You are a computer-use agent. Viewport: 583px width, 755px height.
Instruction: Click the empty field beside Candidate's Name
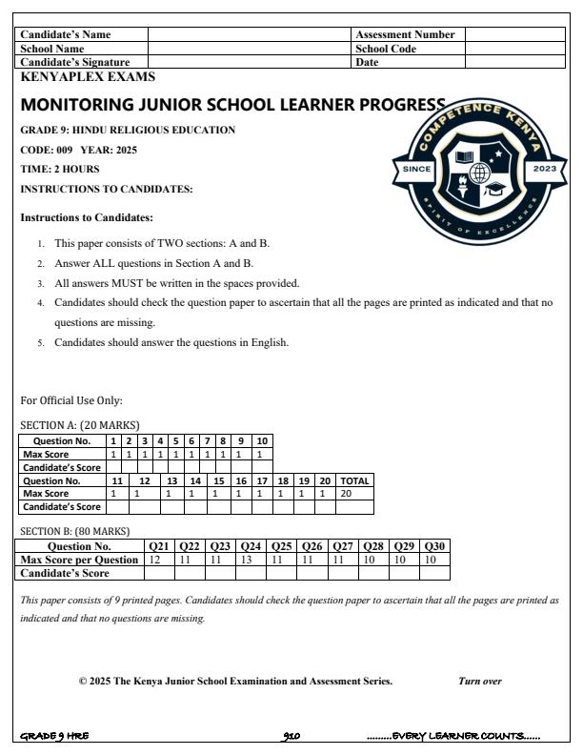pos(250,34)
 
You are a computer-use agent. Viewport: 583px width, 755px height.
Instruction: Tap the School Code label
pos(386,49)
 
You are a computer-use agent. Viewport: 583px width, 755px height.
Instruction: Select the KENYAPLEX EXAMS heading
pos(88,77)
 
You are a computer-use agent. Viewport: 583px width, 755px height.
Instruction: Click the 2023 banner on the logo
pos(544,169)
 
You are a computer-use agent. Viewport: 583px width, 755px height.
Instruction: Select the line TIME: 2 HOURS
pos(60,169)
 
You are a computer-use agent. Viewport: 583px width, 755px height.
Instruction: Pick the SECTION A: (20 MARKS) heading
pos(80,424)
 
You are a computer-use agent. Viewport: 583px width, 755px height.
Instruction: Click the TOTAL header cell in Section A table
pos(354,481)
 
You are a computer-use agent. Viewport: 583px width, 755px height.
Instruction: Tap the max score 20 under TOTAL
pos(347,494)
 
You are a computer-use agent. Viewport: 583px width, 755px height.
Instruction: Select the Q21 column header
pos(159,546)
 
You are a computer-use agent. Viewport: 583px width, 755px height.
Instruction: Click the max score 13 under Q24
pos(251,560)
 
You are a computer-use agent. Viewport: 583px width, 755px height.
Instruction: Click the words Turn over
pos(480,682)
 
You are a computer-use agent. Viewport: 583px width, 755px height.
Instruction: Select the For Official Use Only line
pos(71,400)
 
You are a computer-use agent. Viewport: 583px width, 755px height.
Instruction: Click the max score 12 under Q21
pos(154,560)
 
